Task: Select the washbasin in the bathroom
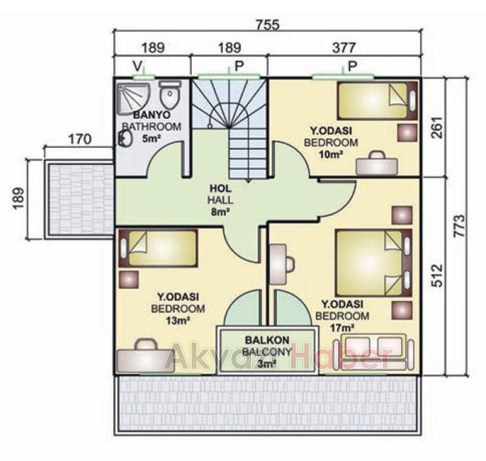pyautogui.click(x=125, y=138)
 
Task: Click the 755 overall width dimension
pyautogui.click(x=268, y=25)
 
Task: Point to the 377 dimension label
pyautogui.click(x=344, y=48)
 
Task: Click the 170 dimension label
pyautogui.click(x=80, y=140)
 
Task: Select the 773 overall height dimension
pyautogui.click(x=460, y=226)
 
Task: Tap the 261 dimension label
pyautogui.click(x=437, y=127)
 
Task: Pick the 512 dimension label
pyautogui.click(x=437, y=275)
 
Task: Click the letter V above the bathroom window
pyautogui.click(x=138, y=66)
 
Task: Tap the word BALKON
pyautogui.click(x=267, y=340)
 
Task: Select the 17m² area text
pyautogui.click(x=342, y=328)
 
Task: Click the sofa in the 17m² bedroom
pyautogui.click(x=374, y=351)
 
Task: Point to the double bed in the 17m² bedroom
pyautogui.click(x=374, y=263)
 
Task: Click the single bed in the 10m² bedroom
pyautogui.click(x=377, y=101)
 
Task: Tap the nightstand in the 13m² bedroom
pyautogui.click(x=129, y=280)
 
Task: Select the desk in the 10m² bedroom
pyautogui.click(x=377, y=163)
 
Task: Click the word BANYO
pyautogui.click(x=151, y=115)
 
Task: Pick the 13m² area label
pyautogui.click(x=178, y=320)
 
